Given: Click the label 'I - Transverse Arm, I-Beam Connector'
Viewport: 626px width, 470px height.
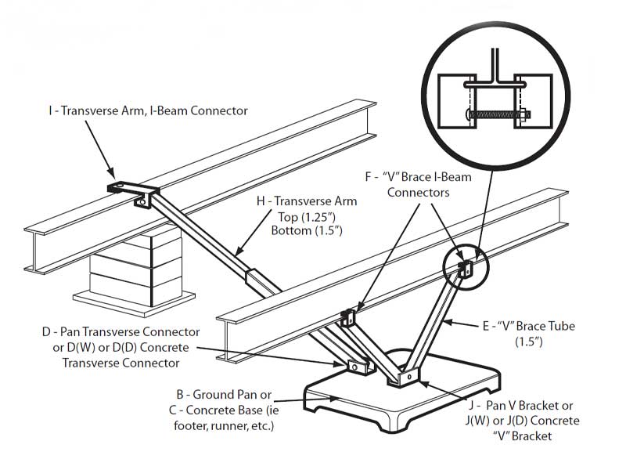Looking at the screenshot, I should (147, 110).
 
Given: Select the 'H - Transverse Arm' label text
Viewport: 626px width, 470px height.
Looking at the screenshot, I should (307, 201).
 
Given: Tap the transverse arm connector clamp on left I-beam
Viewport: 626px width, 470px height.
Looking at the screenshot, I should (135, 192).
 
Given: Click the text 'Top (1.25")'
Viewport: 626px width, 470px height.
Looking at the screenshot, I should (307, 216).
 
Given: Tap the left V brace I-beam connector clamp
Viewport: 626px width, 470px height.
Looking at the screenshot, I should (348, 318).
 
